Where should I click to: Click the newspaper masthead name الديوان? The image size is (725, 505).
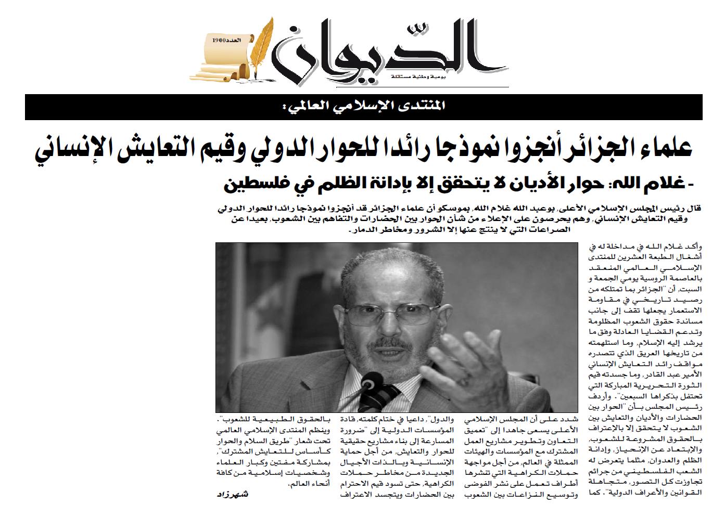(385, 49)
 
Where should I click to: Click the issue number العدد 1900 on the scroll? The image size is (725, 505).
(223, 40)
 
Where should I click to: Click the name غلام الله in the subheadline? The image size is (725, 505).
(653, 184)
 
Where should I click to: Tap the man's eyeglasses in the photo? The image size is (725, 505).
(386, 312)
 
